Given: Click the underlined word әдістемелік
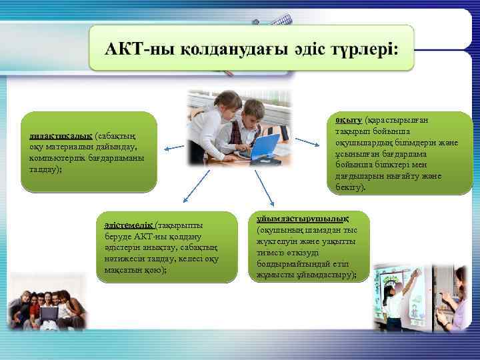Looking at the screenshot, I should (125, 225).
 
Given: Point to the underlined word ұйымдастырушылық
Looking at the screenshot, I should (303, 219).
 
